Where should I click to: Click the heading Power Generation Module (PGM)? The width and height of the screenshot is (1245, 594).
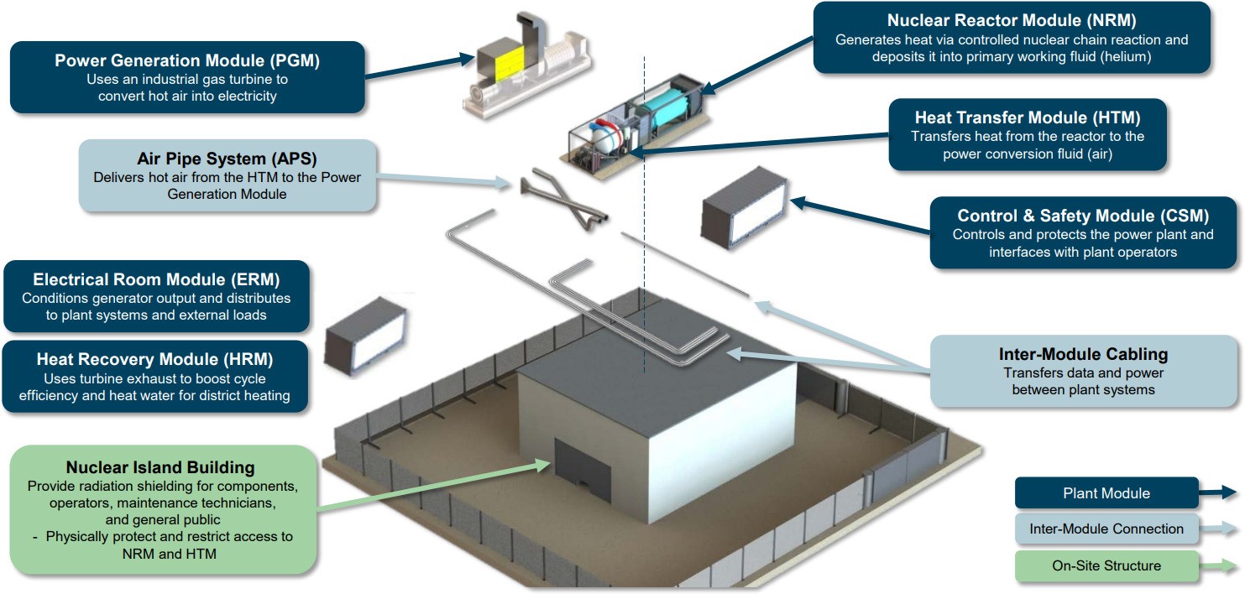point(186,60)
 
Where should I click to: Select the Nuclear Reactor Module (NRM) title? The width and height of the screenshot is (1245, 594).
point(1012,20)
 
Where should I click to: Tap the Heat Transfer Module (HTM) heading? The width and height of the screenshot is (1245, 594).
point(1028,117)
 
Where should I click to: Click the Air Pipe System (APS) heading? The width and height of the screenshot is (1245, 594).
point(227,159)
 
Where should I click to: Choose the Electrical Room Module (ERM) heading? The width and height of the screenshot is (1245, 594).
point(156,279)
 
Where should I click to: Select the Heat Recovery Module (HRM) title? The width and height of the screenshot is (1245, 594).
point(154,359)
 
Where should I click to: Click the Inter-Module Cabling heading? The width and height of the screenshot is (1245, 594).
point(1083,354)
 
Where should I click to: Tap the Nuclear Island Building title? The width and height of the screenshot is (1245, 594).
point(160,467)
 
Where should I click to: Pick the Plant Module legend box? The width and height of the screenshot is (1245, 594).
point(1106,493)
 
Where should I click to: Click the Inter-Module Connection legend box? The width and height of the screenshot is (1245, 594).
point(1106,529)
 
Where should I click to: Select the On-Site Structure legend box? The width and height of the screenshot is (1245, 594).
point(1106,565)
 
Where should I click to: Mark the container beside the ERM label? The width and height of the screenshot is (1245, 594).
point(366,335)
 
